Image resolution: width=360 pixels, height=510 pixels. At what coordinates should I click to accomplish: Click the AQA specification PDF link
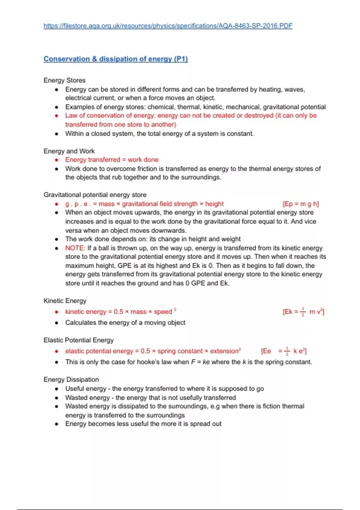[168, 26]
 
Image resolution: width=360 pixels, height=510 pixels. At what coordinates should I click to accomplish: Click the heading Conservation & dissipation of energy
[115, 59]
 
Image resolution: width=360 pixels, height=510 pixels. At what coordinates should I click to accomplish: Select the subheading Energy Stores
[64, 80]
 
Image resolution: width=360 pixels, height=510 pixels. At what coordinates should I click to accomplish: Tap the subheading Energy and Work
[69, 151]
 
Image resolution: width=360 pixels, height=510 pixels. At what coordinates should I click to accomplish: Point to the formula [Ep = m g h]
[301, 204]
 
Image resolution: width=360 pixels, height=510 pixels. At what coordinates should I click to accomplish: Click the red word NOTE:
[75, 248]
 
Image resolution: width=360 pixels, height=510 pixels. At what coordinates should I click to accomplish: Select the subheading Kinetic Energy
[65, 301]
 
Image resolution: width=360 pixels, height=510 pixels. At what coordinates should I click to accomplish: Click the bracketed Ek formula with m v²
[303, 312]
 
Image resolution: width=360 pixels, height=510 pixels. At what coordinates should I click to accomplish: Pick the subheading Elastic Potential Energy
[79, 340]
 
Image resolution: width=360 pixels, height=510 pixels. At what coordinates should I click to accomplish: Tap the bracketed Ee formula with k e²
[283, 351]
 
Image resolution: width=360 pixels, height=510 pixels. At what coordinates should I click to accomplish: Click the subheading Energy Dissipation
[71, 379]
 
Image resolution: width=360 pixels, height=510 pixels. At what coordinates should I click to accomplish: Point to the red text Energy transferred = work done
[112, 160]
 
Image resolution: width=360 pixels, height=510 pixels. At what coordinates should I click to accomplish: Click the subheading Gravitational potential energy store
[95, 195]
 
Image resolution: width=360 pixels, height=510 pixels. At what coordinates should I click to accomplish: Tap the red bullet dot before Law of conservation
[57, 116]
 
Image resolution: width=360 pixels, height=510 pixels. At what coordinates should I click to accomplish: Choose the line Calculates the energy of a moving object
[125, 322]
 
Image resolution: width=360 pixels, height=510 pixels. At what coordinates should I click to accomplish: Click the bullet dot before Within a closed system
[57, 134]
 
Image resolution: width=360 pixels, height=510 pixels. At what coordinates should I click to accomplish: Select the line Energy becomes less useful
[143, 424]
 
